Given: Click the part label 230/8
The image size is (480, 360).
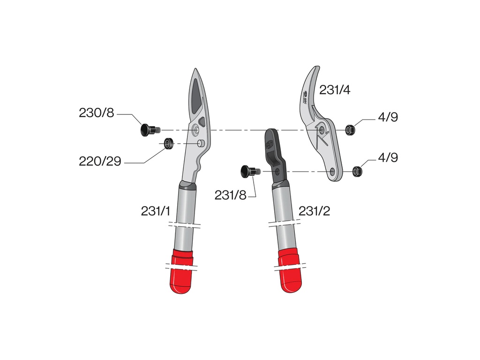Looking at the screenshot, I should coord(96,113).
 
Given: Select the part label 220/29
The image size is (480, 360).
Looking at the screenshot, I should coord(100,162).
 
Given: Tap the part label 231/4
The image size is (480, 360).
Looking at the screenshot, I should coord(335,90).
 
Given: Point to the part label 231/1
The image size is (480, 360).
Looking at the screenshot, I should coord(156,211).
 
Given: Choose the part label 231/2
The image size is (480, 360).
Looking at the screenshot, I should coord(314,211).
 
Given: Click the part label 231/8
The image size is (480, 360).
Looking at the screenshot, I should coord(230,195).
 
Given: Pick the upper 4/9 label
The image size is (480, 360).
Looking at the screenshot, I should coord(388,117).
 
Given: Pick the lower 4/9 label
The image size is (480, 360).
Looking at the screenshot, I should coord(388,157).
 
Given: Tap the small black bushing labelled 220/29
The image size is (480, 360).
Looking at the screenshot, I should coord(167,143).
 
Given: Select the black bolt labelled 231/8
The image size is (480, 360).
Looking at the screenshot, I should coord(248,172).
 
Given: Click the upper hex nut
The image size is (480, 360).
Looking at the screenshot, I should coord(349,130).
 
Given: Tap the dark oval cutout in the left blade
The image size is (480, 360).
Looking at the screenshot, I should coord(196,96).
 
